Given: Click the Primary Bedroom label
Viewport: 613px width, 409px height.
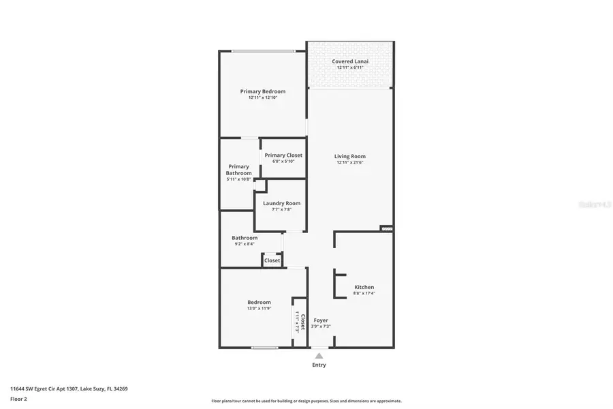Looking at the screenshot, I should (x=262, y=91).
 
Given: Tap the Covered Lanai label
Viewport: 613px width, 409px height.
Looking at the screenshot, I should (x=350, y=61).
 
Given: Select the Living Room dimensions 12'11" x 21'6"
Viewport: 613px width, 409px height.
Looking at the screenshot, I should (x=350, y=162).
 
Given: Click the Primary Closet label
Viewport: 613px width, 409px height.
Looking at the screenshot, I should (x=283, y=155).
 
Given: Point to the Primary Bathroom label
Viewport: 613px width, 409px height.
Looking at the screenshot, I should (x=238, y=170).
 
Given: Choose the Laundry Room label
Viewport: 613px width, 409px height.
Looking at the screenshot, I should (x=281, y=203).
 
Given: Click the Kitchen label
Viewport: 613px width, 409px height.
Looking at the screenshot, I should (x=364, y=287).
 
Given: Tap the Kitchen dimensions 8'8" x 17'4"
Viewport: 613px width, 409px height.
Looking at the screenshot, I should (x=364, y=293).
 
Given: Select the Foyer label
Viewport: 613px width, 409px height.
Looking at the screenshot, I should (x=320, y=320).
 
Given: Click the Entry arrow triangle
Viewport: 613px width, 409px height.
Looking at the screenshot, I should (x=319, y=354).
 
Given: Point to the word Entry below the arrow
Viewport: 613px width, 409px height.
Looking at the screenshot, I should (x=319, y=365).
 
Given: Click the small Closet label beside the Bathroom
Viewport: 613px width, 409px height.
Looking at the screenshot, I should (x=272, y=260).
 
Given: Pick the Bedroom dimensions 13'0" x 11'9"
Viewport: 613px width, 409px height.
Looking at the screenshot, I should (x=259, y=308).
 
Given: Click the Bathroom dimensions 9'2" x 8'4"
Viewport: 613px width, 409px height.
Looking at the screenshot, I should (x=245, y=243).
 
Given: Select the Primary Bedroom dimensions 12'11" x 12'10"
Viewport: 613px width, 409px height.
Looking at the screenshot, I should (x=262, y=97).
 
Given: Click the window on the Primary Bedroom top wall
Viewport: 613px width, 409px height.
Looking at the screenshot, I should (x=263, y=51).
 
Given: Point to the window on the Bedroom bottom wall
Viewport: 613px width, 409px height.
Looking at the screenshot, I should (x=264, y=348).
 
